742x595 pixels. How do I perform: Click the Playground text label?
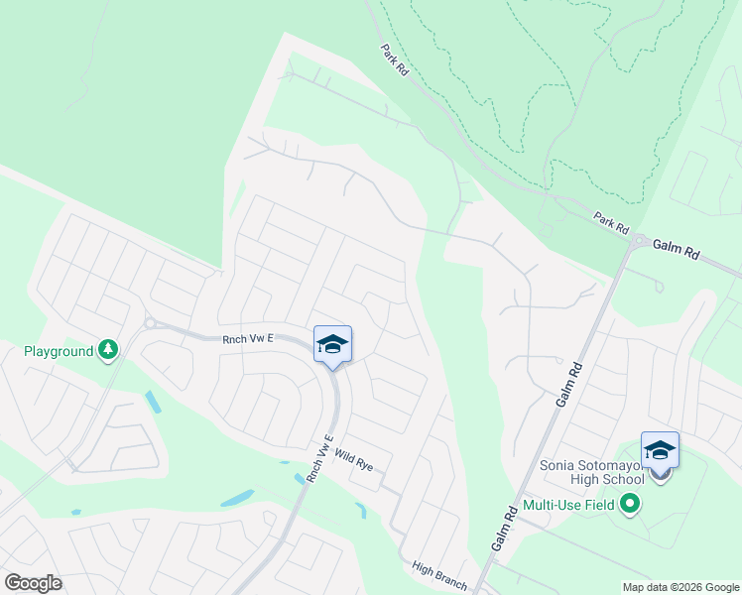pos(59,351)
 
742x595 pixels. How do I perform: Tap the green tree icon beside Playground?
pos(108,349)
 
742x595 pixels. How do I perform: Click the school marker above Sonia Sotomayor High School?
pos(660,452)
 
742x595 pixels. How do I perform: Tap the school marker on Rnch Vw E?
pos(332,345)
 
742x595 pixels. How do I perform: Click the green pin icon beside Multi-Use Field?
pos(629,506)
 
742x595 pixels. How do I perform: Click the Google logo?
pos(33,583)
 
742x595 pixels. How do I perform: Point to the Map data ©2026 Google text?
pos(680,587)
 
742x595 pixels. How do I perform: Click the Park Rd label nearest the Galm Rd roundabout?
pos(612,222)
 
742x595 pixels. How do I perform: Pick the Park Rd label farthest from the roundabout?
pos(394,60)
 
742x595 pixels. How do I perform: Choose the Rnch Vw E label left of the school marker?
pos(248,338)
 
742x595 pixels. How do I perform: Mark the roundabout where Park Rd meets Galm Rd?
pos(641,241)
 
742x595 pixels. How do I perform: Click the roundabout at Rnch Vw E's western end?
pos(150,322)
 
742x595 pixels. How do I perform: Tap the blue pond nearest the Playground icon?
pos(152,401)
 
